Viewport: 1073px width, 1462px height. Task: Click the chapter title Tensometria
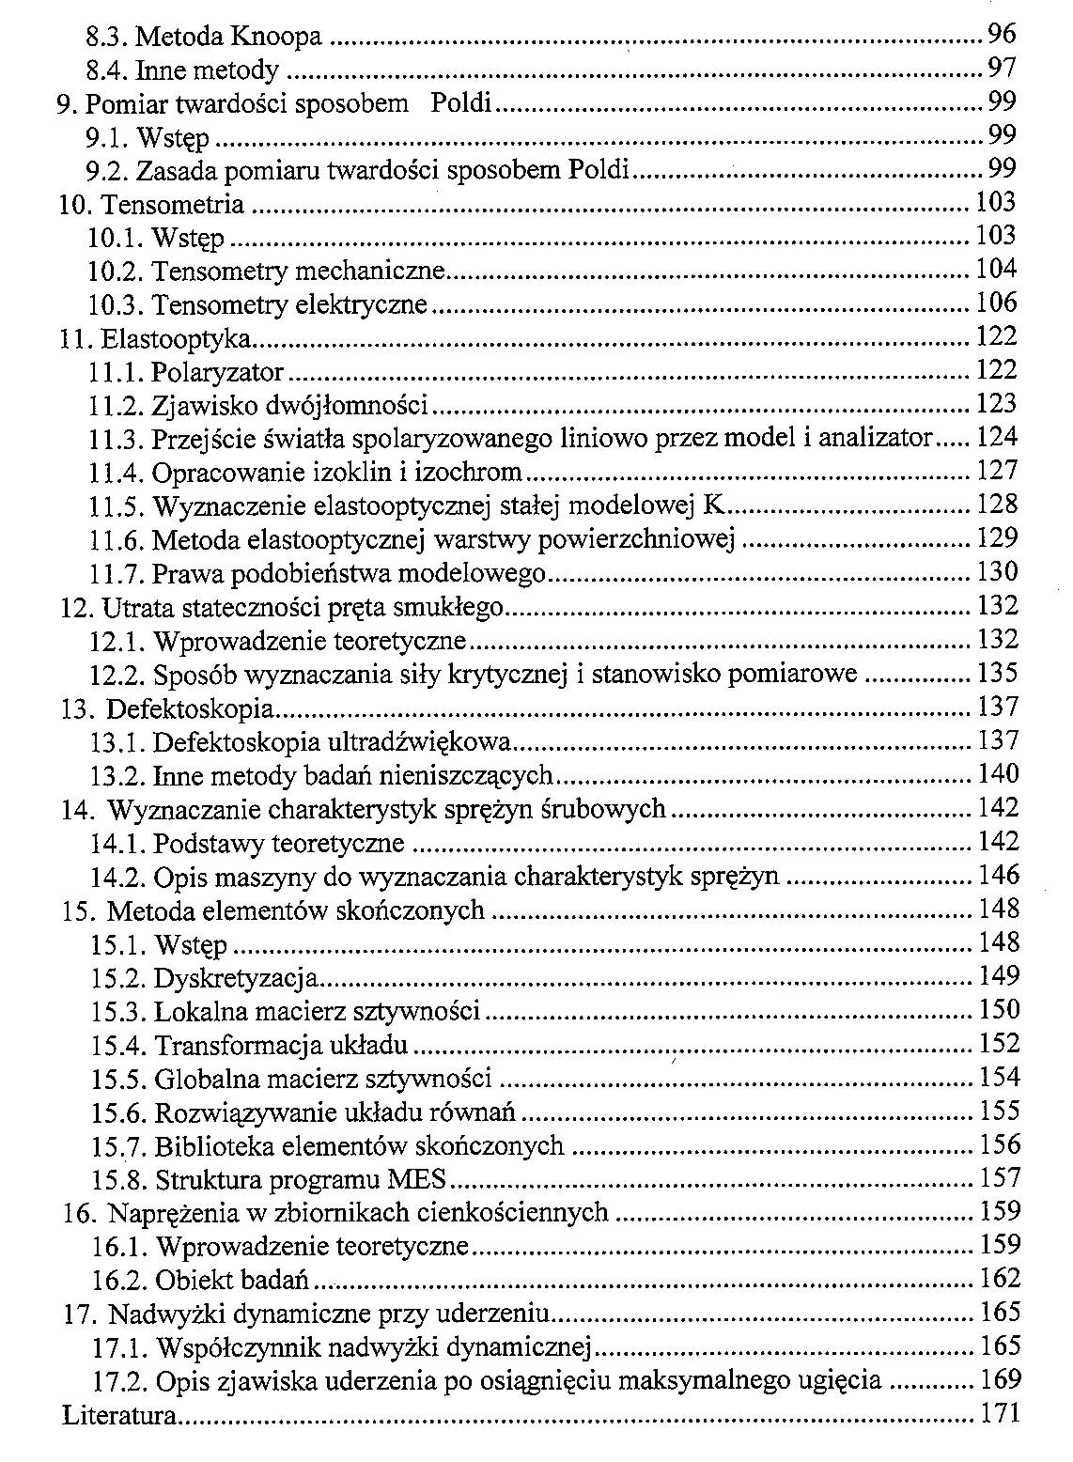pyautogui.click(x=172, y=204)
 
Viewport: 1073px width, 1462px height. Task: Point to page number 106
pyautogui.click(x=996, y=303)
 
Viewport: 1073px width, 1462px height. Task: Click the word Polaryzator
pyautogui.click(x=217, y=371)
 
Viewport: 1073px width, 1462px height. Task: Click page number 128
pyautogui.click(x=997, y=505)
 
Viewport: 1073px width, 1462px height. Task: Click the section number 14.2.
pyautogui.click(x=117, y=877)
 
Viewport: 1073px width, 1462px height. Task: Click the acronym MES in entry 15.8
pyautogui.click(x=420, y=1179)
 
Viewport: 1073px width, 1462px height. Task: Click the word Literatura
pyautogui.click(x=119, y=1415)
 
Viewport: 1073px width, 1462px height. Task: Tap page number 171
pyautogui.click(x=1000, y=1414)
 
